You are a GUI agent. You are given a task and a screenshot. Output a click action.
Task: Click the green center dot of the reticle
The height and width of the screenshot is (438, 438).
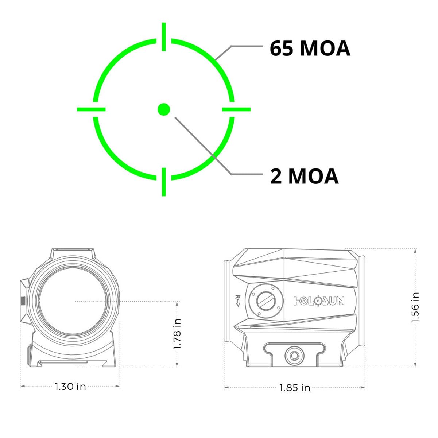164,109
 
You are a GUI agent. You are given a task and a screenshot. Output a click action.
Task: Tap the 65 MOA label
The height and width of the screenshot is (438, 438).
310,48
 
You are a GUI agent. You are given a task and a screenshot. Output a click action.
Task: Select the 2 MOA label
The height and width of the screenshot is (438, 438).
304,176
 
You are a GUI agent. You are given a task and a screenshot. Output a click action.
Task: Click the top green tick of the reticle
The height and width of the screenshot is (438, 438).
164,36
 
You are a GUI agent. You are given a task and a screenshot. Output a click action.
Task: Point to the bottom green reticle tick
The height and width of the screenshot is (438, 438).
164,182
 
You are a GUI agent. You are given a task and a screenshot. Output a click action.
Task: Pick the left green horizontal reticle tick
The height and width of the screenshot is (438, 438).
91,109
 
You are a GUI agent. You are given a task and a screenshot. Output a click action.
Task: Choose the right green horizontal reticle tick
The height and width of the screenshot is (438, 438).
236,109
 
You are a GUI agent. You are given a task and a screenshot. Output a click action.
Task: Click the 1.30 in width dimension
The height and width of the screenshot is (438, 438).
70,386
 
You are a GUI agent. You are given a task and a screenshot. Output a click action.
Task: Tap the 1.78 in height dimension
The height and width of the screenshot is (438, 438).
177,334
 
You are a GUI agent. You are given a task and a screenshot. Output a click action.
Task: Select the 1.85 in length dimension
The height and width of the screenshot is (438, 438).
295,388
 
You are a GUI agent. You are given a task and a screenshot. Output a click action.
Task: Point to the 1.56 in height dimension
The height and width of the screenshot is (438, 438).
415,307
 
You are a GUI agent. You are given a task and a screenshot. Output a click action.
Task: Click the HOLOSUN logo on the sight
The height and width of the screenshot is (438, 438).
319,301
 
